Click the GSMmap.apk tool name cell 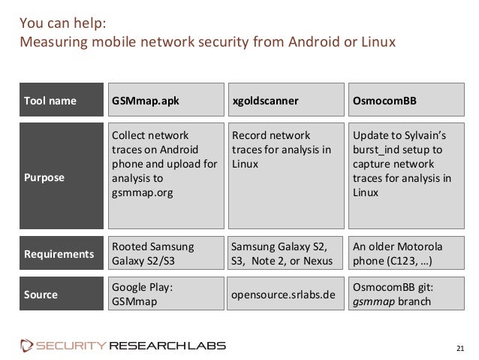(x=167, y=101)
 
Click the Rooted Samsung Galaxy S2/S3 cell (x=167, y=253)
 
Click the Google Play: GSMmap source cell (x=167, y=294)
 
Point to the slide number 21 (x=461, y=346)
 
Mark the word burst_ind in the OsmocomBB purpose (x=374, y=150)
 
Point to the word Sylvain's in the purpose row (x=423, y=136)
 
